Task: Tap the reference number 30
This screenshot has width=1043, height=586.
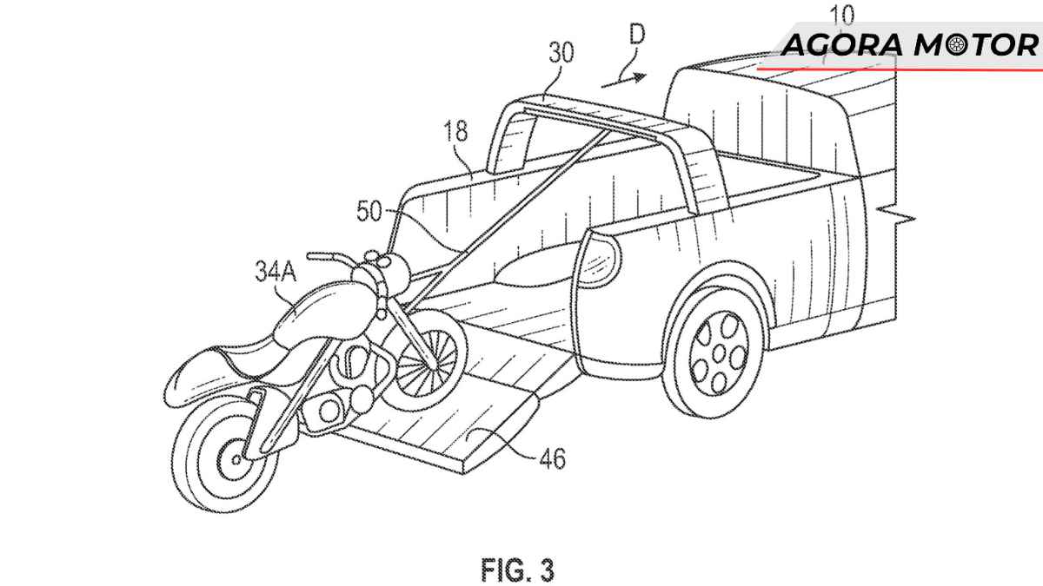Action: tap(561, 54)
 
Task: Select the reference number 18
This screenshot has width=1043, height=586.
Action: tap(455, 131)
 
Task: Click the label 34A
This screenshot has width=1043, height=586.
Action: tap(276, 274)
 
